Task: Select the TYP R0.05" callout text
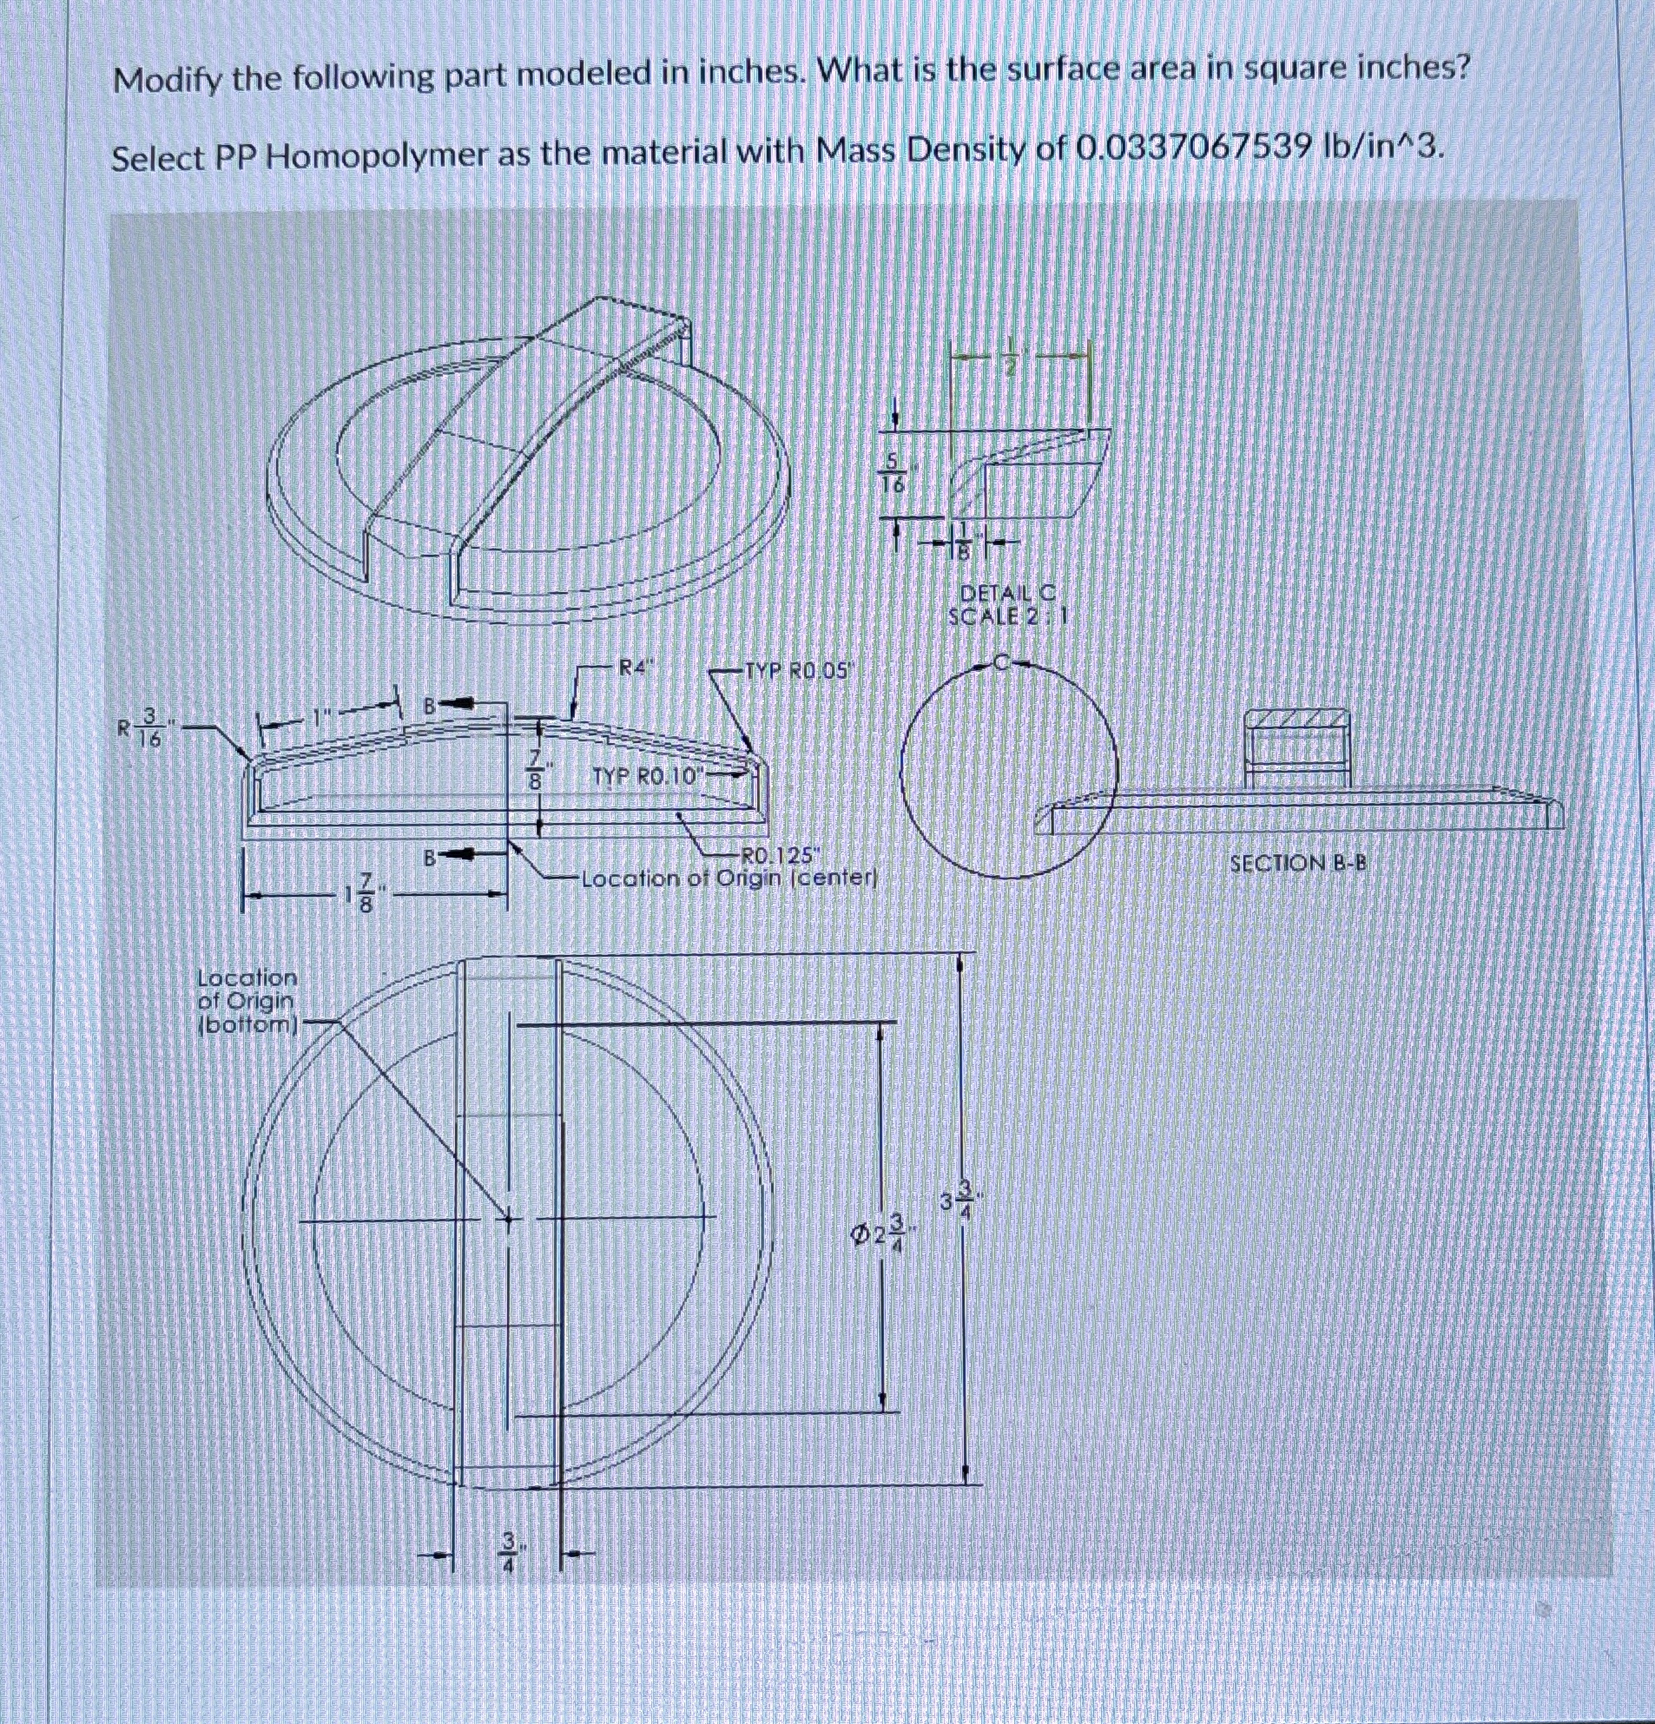pyautogui.click(x=799, y=671)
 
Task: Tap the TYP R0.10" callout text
pyautogui.click(x=649, y=776)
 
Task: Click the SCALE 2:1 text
pyautogui.click(x=1006, y=615)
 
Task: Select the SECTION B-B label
pyautogui.click(x=1298, y=863)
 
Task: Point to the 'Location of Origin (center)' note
pyautogui.click(x=729, y=878)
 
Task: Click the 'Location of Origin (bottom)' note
pyautogui.click(x=247, y=1000)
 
